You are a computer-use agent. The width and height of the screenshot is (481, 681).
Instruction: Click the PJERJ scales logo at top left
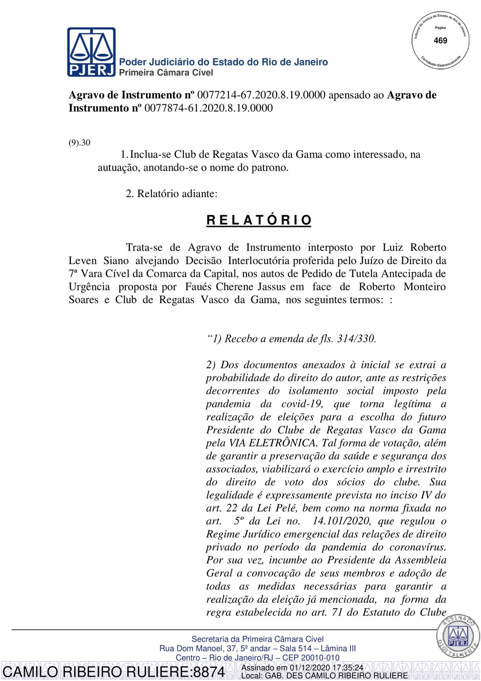[91, 52]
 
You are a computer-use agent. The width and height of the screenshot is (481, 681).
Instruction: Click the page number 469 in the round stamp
[440, 41]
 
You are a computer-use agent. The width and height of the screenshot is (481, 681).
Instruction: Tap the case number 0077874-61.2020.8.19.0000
[208, 108]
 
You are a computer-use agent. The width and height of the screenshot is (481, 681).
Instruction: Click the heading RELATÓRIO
[259, 220]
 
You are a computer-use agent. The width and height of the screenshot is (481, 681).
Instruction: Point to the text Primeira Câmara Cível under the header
[166, 73]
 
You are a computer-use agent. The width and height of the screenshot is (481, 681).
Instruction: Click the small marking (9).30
[79, 143]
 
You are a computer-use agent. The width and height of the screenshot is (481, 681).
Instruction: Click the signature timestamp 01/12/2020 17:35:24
[327, 667]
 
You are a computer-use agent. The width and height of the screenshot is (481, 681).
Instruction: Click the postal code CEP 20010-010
[307, 658]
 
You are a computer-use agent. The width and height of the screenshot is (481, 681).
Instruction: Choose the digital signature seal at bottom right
[458, 636]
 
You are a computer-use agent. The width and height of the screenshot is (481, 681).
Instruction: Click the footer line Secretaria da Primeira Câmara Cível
[257, 639]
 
